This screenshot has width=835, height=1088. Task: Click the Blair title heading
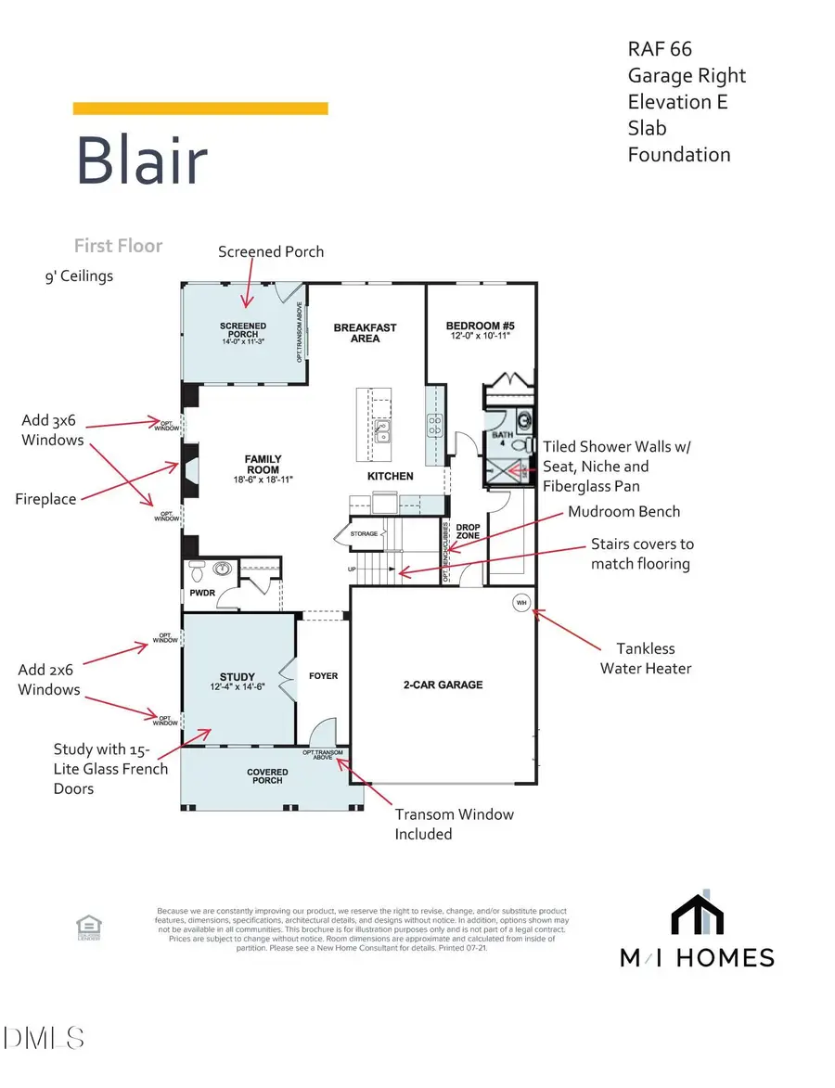tap(141, 161)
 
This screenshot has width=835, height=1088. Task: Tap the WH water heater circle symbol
tap(520, 602)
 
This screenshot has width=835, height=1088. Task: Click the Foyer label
tap(323, 675)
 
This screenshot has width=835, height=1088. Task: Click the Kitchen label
tap(391, 476)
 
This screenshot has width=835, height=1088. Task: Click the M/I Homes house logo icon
tap(697, 913)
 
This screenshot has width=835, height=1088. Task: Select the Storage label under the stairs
tap(365, 535)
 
